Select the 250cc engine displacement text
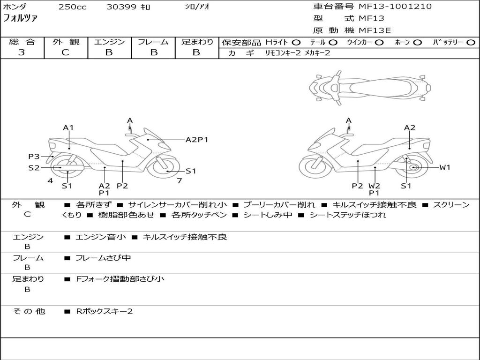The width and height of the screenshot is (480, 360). pos(72,7)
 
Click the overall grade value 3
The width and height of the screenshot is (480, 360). pos(22,52)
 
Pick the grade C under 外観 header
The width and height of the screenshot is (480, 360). pos(66,52)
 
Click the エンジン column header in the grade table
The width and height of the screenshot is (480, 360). pos(109,42)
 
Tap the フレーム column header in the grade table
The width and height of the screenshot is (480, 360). pos(153,42)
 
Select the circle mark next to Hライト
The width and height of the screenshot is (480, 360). pos(296,43)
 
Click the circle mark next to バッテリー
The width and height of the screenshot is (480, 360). pos(471,43)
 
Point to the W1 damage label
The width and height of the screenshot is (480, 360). pos(444,167)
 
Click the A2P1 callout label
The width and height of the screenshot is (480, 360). pos(197,139)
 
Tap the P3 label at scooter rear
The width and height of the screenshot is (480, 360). pos(34,157)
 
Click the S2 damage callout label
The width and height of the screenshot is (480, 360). pos(34,167)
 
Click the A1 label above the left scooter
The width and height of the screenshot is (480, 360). pos(68,127)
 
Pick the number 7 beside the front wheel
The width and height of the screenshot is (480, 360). pos(179,180)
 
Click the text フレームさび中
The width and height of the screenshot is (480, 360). pos(103,258)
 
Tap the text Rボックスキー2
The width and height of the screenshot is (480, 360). pos(104,311)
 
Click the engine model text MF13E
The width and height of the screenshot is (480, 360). pos(375,30)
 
